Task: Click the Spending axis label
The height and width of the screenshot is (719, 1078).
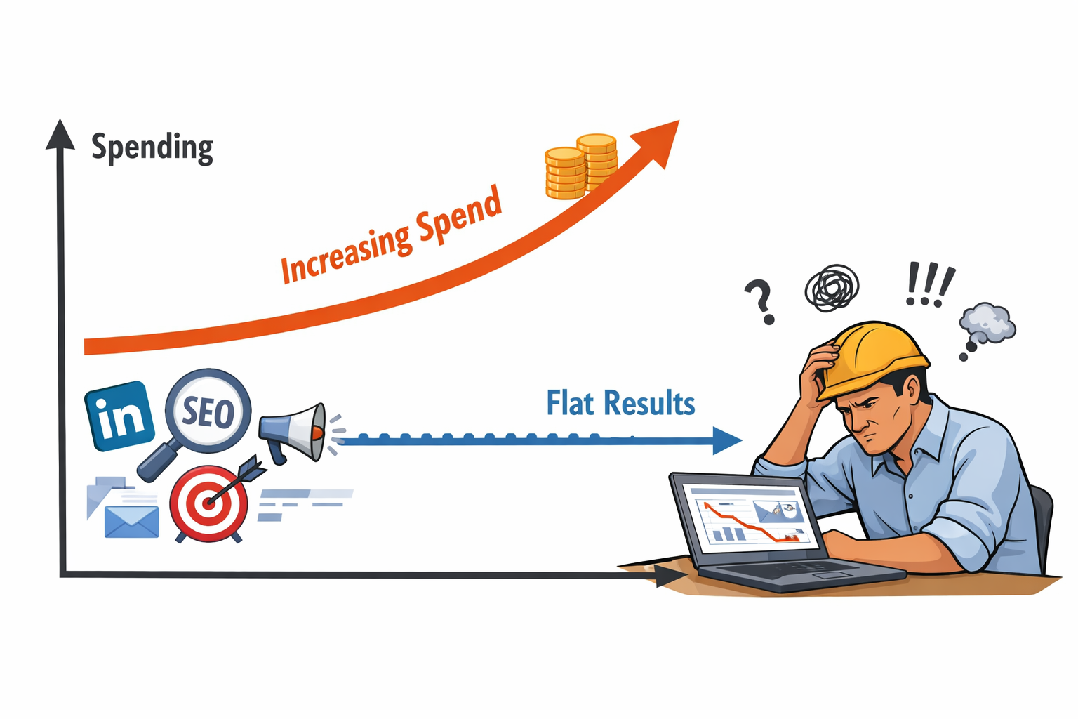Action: (x=152, y=147)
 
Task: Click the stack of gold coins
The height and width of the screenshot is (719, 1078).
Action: (x=581, y=166)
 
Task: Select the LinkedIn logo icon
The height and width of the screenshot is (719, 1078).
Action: (x=119, y=416)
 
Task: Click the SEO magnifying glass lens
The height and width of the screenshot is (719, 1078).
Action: (x=208, y=411)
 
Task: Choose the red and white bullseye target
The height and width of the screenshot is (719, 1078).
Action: (x=209, y=503)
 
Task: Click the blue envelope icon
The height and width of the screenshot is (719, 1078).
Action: (x=131, y=522)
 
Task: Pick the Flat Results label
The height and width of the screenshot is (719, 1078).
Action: (x=620, y=404)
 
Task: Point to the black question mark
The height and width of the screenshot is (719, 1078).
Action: (x=761, y=301)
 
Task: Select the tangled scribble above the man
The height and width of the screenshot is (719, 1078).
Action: (x=832, y=288)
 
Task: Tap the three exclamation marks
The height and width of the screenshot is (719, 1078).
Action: (x=929, y=285)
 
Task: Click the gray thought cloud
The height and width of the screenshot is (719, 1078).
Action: (x=987, y=324)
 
